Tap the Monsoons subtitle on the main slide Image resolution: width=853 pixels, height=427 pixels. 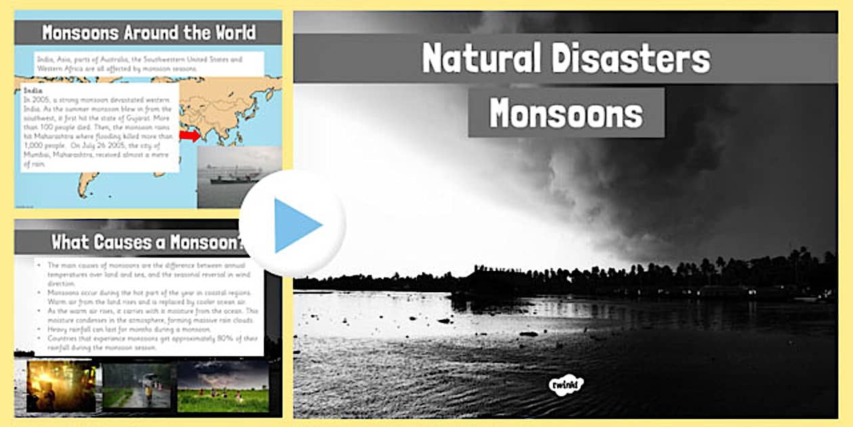[x=566, y=113]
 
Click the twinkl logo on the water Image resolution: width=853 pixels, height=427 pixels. [x=566, y=385]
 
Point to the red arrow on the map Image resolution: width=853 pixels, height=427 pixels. [x=190, y=136]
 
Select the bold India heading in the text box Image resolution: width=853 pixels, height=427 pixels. [x=32, y=89]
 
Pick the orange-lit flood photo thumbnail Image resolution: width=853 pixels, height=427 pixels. [x=62, y=386]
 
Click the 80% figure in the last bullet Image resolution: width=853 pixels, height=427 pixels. [x=215, y=338]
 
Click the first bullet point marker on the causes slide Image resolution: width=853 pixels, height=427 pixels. [x=40, y=265]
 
